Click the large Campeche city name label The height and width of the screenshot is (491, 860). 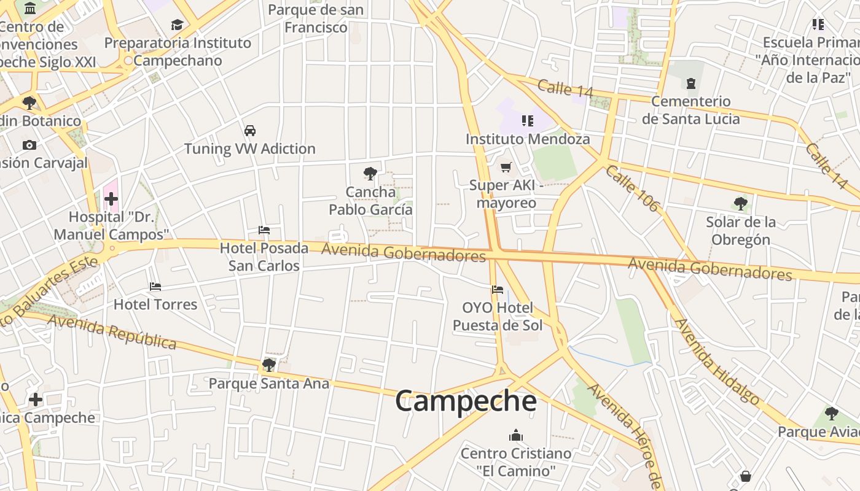[466, 401]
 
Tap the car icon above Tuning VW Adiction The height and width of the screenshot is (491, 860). [250, 131]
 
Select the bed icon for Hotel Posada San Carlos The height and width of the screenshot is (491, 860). [264, 230]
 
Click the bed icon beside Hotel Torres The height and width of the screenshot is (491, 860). [155, 287]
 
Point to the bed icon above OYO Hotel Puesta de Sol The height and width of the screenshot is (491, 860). [498, 290]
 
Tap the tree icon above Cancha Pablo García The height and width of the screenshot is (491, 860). [370, 174]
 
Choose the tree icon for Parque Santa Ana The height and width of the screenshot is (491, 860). [268, 365]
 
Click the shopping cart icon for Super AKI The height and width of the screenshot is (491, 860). [506, 167]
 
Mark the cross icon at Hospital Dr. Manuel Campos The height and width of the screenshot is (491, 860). [111, 199]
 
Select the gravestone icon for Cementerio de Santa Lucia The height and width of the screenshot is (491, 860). [691, 83]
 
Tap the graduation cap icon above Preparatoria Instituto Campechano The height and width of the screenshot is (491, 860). [178, 25]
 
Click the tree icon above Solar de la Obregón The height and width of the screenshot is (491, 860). [741, 204]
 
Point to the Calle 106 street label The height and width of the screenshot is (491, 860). [632, 188]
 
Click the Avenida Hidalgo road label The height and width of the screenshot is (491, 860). [716, 361]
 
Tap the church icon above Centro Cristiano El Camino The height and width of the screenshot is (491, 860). [516, 435]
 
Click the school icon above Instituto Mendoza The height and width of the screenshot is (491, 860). [527, 121]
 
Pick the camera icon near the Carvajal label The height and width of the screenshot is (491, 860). [29, 145]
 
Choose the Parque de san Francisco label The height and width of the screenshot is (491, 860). [316, 18]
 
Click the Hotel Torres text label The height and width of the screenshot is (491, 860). [155, 304]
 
